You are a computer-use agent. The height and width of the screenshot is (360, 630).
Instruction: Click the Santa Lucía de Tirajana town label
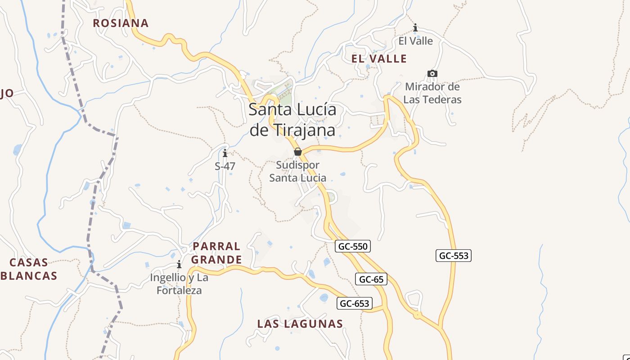tap(292, 120)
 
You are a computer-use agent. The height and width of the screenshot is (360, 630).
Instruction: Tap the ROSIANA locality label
tap(121, 23)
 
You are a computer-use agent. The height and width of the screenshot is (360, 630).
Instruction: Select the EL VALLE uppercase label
tap(379, 58)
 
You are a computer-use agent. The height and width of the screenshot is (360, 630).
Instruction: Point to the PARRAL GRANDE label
tap(216, 253)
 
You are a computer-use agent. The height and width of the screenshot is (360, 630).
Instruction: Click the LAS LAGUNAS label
tap(300, 324)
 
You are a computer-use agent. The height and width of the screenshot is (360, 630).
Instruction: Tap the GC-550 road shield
tap(352, 246)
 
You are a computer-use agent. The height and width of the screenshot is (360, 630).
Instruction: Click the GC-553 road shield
tap(454, 256)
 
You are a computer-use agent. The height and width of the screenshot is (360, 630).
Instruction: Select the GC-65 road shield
tap(371, 279)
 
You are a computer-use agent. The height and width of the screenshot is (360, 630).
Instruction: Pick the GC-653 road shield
tap(355, 303)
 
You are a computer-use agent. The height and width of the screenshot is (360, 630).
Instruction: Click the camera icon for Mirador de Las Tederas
tap(432, 73)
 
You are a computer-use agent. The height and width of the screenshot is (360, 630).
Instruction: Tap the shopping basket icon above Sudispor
tap(297, 152)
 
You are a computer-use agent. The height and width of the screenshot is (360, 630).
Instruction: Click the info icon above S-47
tap(225, 153)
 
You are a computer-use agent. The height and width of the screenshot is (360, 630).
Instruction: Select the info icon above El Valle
tap(415, 28)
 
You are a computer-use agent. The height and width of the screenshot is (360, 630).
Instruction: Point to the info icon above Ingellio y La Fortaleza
tap(179, 264)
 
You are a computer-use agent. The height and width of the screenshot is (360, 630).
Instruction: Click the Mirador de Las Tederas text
tap(432, 93)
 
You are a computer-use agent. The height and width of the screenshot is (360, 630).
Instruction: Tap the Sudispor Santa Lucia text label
tap(297, 171)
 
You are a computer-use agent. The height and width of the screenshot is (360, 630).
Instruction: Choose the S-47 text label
tap(225, 166)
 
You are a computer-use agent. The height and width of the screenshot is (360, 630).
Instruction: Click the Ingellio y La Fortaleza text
tap(179, 284)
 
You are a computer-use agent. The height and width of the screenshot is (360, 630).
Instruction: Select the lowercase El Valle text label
tap(415, 41)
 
